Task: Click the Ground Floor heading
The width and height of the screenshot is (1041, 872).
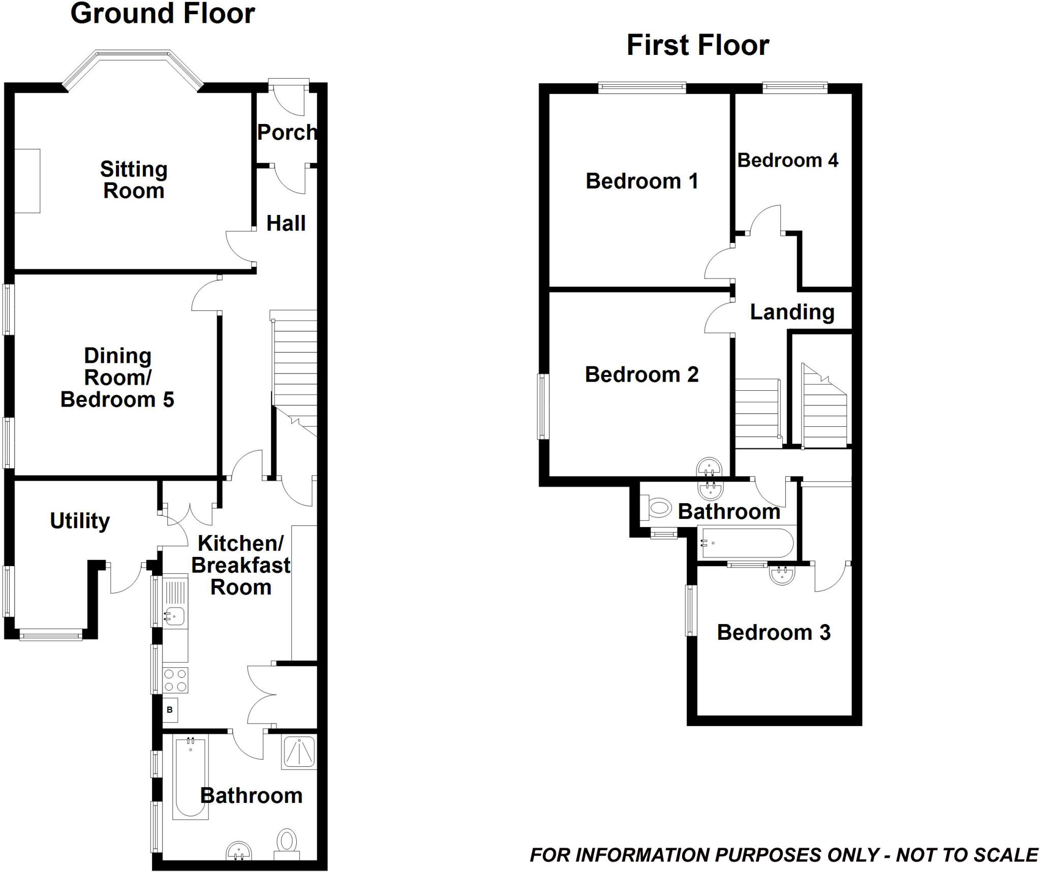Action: (x=162, y=14)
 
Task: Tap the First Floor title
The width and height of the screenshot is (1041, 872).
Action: (x=697, y=45)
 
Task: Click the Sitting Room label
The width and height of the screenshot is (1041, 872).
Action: (x=134, y=180)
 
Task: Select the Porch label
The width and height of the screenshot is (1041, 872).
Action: (x=287, y=132)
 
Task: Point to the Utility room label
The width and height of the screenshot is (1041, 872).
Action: (x=80, y=520)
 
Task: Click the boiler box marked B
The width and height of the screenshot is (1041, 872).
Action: (x=170, y=710)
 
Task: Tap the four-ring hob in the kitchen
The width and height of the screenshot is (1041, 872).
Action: (x=175, y=680)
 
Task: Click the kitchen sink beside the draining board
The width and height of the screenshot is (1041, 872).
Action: (x=174, y=616)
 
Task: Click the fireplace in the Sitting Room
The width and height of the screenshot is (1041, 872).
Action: (x=27, y=180)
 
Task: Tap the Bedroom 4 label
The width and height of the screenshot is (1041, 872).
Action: (x=787, y=160)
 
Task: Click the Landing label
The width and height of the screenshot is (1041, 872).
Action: (x=792, y=312)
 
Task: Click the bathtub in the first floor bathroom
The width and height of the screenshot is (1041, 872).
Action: (x=745, y=543)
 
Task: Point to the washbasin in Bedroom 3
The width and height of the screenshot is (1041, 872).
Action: (x=782, y=575)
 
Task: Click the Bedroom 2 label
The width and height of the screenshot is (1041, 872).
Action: (x=641, y=375)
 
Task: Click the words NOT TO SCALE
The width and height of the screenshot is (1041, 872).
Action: (x=967, y=855)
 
